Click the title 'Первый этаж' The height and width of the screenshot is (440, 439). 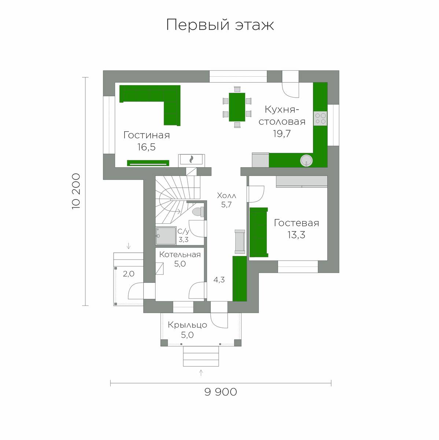(x=220, y=25)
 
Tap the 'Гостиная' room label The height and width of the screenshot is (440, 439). (x=147, y=135)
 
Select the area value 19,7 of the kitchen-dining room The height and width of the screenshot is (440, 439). (x=282, y=133)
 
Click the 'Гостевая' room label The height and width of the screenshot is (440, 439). (x=296, y=223)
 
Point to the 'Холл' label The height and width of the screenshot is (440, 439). (x=226, y=196)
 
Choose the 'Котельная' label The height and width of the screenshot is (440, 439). (x=180, y=254)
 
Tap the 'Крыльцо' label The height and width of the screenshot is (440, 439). (x=187, y=325)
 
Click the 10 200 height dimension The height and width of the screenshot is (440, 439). (x=76, y=191)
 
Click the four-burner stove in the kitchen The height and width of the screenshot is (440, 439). (x=320, y=118)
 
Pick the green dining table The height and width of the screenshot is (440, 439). (x=237, y=107)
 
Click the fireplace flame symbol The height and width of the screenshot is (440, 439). (x=192, y=159)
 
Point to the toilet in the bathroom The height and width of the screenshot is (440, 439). (x=198, y=212)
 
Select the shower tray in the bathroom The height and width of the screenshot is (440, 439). (x=166, y=236)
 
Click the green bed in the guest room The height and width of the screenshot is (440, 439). (x=258, y=232)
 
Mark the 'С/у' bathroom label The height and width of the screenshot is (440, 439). (x=183, y=232)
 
